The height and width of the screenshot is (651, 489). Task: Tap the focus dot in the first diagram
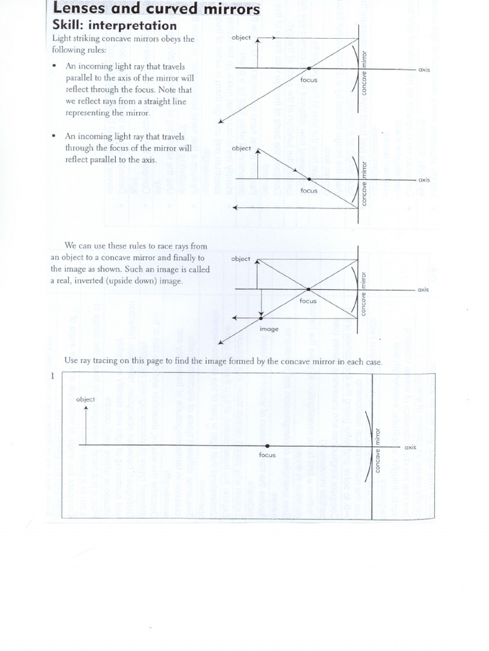pyautogui.click(x=309, y=69)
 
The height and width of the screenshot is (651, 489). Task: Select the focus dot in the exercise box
pyautogui.click(x=267, y=446)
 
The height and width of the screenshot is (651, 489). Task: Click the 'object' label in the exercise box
pyautogui.click(x=85, y=399)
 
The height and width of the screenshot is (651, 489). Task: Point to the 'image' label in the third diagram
pyautogui.click(x=269, y=329)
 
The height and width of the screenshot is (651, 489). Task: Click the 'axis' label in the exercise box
pyautogui.click(x=410, y=447)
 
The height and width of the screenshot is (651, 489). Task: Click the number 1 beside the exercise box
pyautogui.click(x=52, y=376)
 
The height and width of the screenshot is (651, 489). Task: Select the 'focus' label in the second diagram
pyautogui.click(x=309, y=190)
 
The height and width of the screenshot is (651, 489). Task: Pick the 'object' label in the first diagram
pyautogui.click(x=242, y=38)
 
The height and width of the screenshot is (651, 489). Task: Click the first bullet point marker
pyautogui.click(x=55, y=66)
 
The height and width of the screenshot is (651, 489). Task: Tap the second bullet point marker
pyautogui.click(x=55, y=136)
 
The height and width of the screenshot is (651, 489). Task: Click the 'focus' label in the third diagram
pyautogui.click(x=308, y=301)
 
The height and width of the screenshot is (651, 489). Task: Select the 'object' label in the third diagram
pyautogui.click(x=241, y=259)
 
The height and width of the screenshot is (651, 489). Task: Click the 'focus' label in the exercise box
pyautogui.click(x=267, y=456)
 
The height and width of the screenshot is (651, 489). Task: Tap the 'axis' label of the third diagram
pyautogui.click(x=423, y=290)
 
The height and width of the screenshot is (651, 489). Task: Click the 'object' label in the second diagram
pyautogui.click(x=242, y=148)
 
